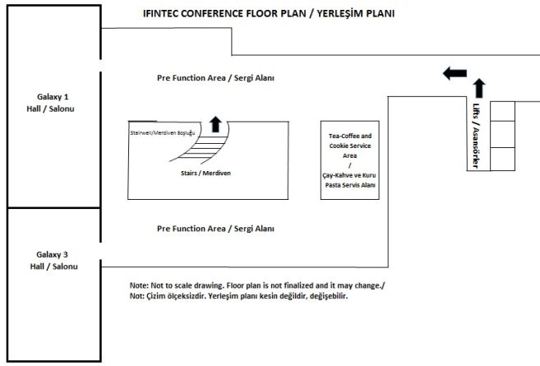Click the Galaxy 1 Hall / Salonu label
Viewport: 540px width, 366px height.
point(51,103)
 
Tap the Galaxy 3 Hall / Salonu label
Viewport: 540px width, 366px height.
point(53,261)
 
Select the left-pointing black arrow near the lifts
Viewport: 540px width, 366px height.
point(455,73)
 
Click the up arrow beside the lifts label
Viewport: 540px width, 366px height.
point(479,89)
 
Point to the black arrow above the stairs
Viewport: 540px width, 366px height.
point(215,124)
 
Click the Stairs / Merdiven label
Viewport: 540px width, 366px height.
point(205,173)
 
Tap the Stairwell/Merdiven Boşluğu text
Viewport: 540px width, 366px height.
point(163,132)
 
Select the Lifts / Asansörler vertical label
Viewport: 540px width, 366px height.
point(476,136)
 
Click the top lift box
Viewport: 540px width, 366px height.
point(502,111)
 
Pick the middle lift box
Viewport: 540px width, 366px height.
point(502,134)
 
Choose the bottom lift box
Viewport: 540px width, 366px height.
point(502,160)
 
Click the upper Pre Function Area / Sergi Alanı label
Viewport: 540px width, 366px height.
point(215,78)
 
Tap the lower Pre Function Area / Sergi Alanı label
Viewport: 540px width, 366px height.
point(215,229)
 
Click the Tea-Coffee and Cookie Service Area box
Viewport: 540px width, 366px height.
point(350,160)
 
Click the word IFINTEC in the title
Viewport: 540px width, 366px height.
point(160,13)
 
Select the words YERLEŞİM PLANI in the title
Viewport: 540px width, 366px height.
point(356,13)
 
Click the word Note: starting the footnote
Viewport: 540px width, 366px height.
point(139,285)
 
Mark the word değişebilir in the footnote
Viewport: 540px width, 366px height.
point(329,296)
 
